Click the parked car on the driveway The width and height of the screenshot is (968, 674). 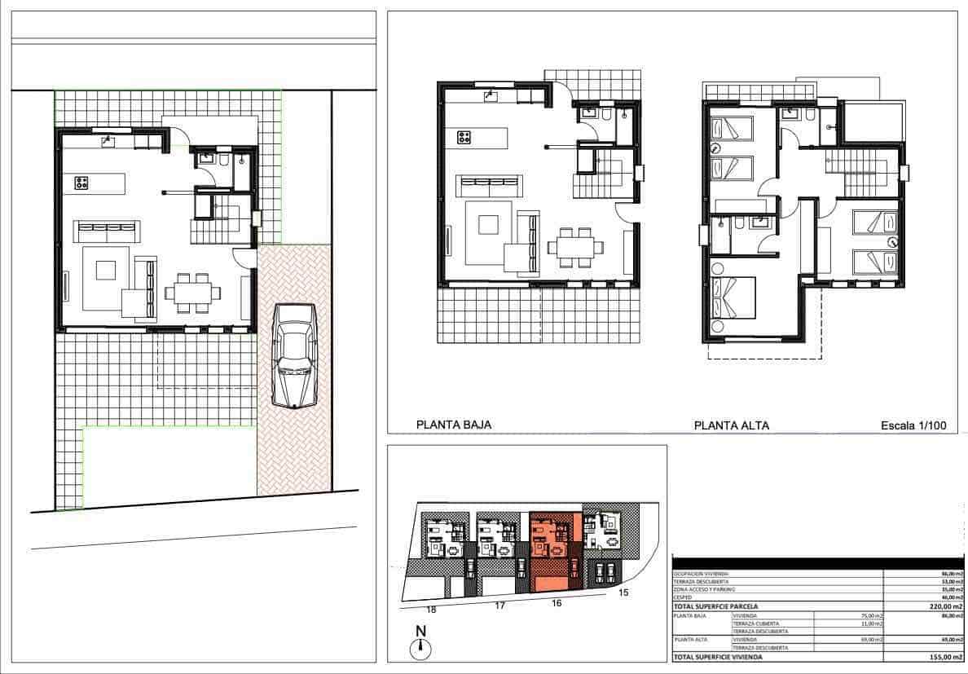coord(294,355)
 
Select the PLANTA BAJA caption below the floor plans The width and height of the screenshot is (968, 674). coord(454,425)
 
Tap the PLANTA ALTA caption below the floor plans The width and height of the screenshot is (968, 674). coord(731,425)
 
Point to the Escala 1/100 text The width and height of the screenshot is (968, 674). coord(913,425)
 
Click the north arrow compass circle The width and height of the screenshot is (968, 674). coord(420,648)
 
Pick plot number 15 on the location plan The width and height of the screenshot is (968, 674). coord(624,593)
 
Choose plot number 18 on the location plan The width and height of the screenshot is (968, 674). coord(431,609)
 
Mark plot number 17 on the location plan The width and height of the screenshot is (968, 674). coord(499,606)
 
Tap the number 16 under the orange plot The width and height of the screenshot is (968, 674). coord(556,603)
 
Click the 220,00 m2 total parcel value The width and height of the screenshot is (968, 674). coord(945,606)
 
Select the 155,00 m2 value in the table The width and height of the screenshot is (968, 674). coord(945,656)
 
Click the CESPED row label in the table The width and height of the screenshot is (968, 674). coord(682,597)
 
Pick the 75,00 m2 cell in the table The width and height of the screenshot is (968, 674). coord(871,615)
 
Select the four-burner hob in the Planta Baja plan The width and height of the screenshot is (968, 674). coord(464,137)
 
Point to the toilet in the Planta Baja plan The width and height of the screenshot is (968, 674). coord(609,117)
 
